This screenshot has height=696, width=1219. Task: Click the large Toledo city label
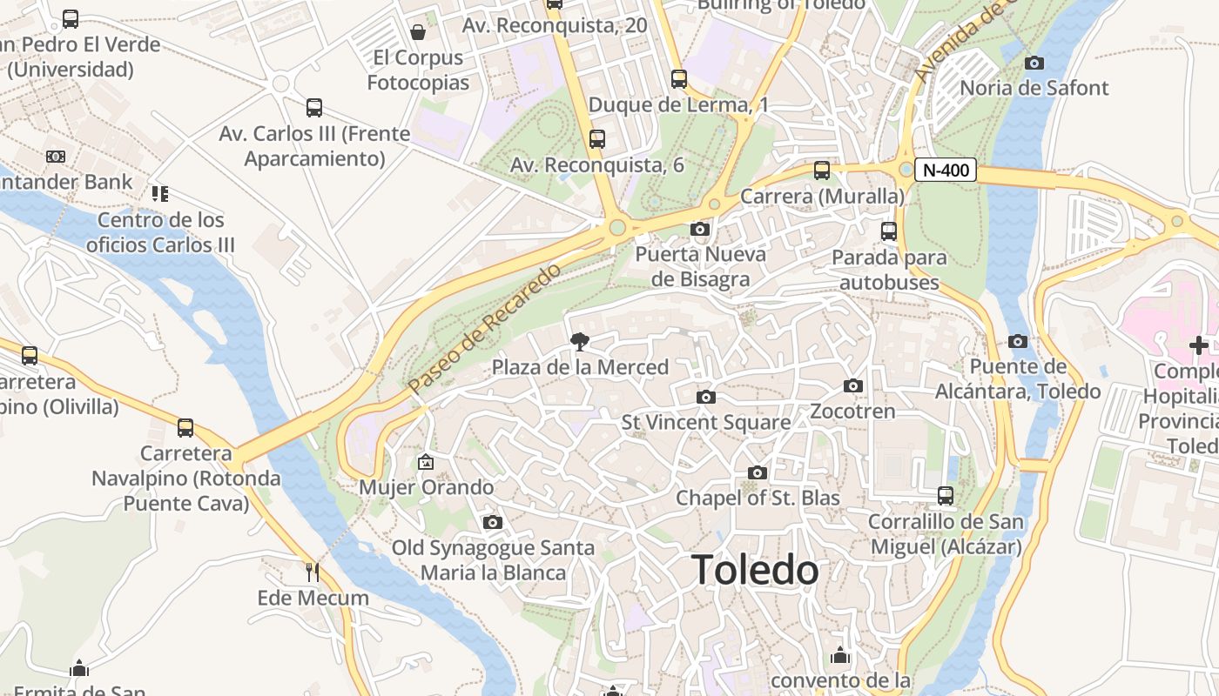[x=755, y=570]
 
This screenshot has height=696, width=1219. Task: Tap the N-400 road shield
[x=946, y=171]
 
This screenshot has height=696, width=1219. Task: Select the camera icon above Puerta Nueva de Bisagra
[x=699, y=230]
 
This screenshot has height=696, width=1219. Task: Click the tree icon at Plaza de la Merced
[x=579, y=342]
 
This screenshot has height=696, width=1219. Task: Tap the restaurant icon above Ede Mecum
[x=313, y=572]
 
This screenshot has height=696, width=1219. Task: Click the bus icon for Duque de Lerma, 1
[x=679, y=79]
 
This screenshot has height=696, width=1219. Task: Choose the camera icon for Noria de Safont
[x=1034, y=63]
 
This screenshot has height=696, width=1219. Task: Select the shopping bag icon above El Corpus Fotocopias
[x=418, y=32]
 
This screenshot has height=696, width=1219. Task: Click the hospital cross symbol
[x=1199, y=345]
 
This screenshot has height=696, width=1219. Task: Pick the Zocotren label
[x=852, y=411]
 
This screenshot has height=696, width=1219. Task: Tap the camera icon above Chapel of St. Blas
[x=758, y=472]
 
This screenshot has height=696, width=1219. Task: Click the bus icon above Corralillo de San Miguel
[x=946, y=496]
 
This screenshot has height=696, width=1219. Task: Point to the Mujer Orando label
[x=427, y=487]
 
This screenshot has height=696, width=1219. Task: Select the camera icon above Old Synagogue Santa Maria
[x=493, y=522]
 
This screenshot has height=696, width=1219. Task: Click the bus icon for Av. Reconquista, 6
[x=597, y=139]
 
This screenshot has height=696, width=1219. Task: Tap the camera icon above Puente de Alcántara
[x=1018, y=341]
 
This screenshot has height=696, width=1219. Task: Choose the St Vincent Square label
[x=706, y=423]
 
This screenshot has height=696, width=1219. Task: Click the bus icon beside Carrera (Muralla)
[x=822, y=171]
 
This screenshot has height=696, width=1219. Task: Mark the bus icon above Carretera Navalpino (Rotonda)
[x=185, y=428]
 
